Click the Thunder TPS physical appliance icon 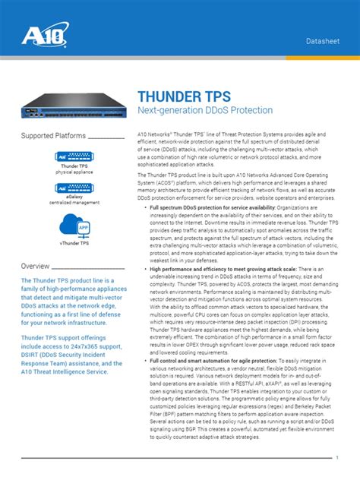(74, 156)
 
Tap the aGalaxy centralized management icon (74, 188)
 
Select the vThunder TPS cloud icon (74, 226)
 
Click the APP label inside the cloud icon (83, 228)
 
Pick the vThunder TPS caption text (74, 244)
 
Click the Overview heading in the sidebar (36, 267)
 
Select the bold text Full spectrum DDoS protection (191, 207)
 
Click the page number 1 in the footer (336, 457)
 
